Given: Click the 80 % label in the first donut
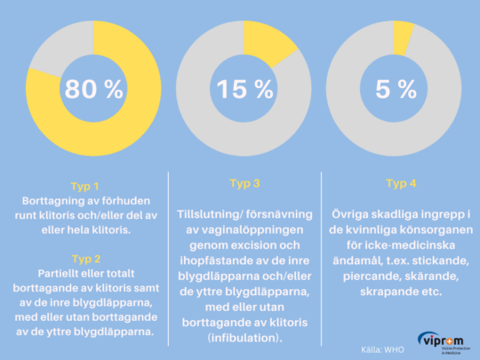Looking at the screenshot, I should pyautogui.click(x=87, y=90).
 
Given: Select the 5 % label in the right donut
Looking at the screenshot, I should pyautogui.click(x=396, y=90).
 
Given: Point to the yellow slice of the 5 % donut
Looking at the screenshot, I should pyautogui.click(x=404, y=36).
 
